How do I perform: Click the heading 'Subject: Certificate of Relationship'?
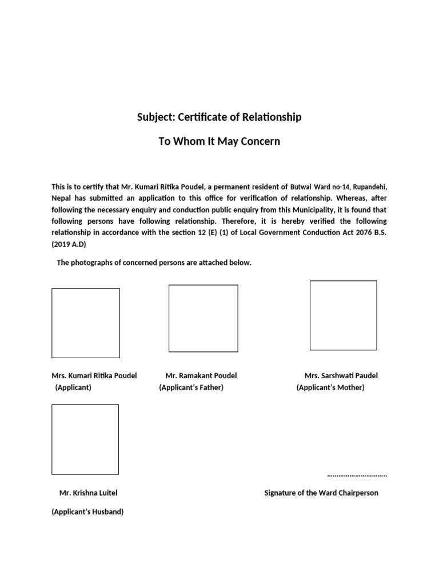[219, 117]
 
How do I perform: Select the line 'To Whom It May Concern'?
[219, 141]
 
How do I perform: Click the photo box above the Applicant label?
[86, 323]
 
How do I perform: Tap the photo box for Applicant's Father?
[203, 318]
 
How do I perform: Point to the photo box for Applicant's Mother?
[343, 315]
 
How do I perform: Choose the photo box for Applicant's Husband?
[85, 439]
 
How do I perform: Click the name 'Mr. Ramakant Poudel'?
[201, 376]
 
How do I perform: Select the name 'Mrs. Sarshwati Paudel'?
[341, 376]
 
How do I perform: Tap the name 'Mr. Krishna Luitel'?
[89, 493]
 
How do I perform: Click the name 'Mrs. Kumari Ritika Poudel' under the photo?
[94, 376]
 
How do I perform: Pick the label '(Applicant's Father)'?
[191, 388]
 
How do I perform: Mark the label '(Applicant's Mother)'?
[330, 388]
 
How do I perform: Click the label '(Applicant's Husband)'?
[87, 512]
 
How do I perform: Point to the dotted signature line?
[357, 475]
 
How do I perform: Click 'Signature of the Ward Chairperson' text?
[321, 493]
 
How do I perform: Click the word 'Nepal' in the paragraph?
[61, 198]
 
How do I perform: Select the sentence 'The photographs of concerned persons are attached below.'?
[154, 263]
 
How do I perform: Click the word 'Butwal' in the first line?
[302, 187]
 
